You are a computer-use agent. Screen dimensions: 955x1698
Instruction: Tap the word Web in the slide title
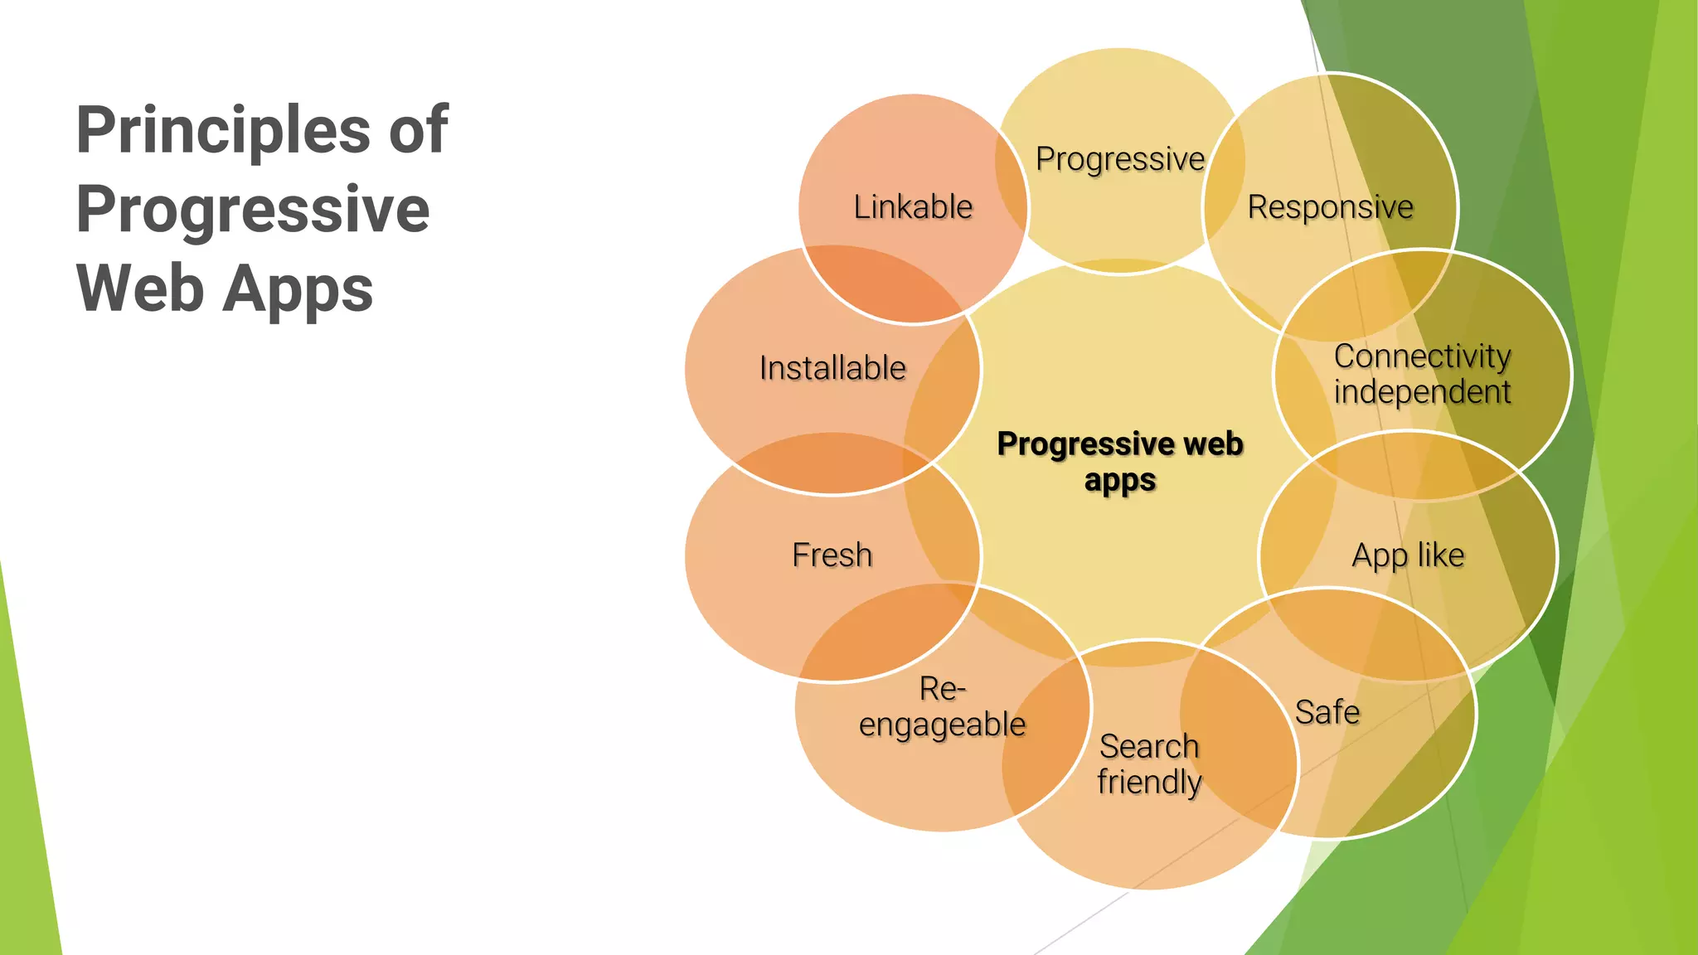click(x=140, y=288)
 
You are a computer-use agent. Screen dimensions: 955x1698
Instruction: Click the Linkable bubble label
click(x=913, y=207)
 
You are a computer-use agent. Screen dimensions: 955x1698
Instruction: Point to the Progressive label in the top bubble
click(x=1120, y=159)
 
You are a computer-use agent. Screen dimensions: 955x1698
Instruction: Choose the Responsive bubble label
click(x=1330, y=207)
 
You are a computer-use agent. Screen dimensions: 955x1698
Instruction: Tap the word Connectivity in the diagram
click(x=1422, y=356)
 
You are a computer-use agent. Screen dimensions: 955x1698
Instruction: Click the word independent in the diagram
click(x=1422, y=392)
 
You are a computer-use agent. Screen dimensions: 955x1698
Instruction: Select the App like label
click(x=1408, y=555)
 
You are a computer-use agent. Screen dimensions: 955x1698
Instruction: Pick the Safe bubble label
click(x=1327, y=712)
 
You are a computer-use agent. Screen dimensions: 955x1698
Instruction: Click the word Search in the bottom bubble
click(x=1149, y=746)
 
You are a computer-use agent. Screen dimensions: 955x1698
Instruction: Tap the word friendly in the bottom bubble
click(x=1149, y=782)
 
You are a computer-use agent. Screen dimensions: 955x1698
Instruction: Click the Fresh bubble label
click(x=832, y=555)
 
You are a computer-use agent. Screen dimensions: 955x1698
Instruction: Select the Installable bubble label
click(x=832, y=368)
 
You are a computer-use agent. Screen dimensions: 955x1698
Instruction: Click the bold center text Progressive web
click(x=1120, y=444)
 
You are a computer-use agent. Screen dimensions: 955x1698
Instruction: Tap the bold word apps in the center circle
click(x=1120, y=481)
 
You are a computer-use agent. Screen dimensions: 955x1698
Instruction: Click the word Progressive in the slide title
click(x=253, y=209)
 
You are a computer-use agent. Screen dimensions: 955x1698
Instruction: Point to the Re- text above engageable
click(x=942, y=689)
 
